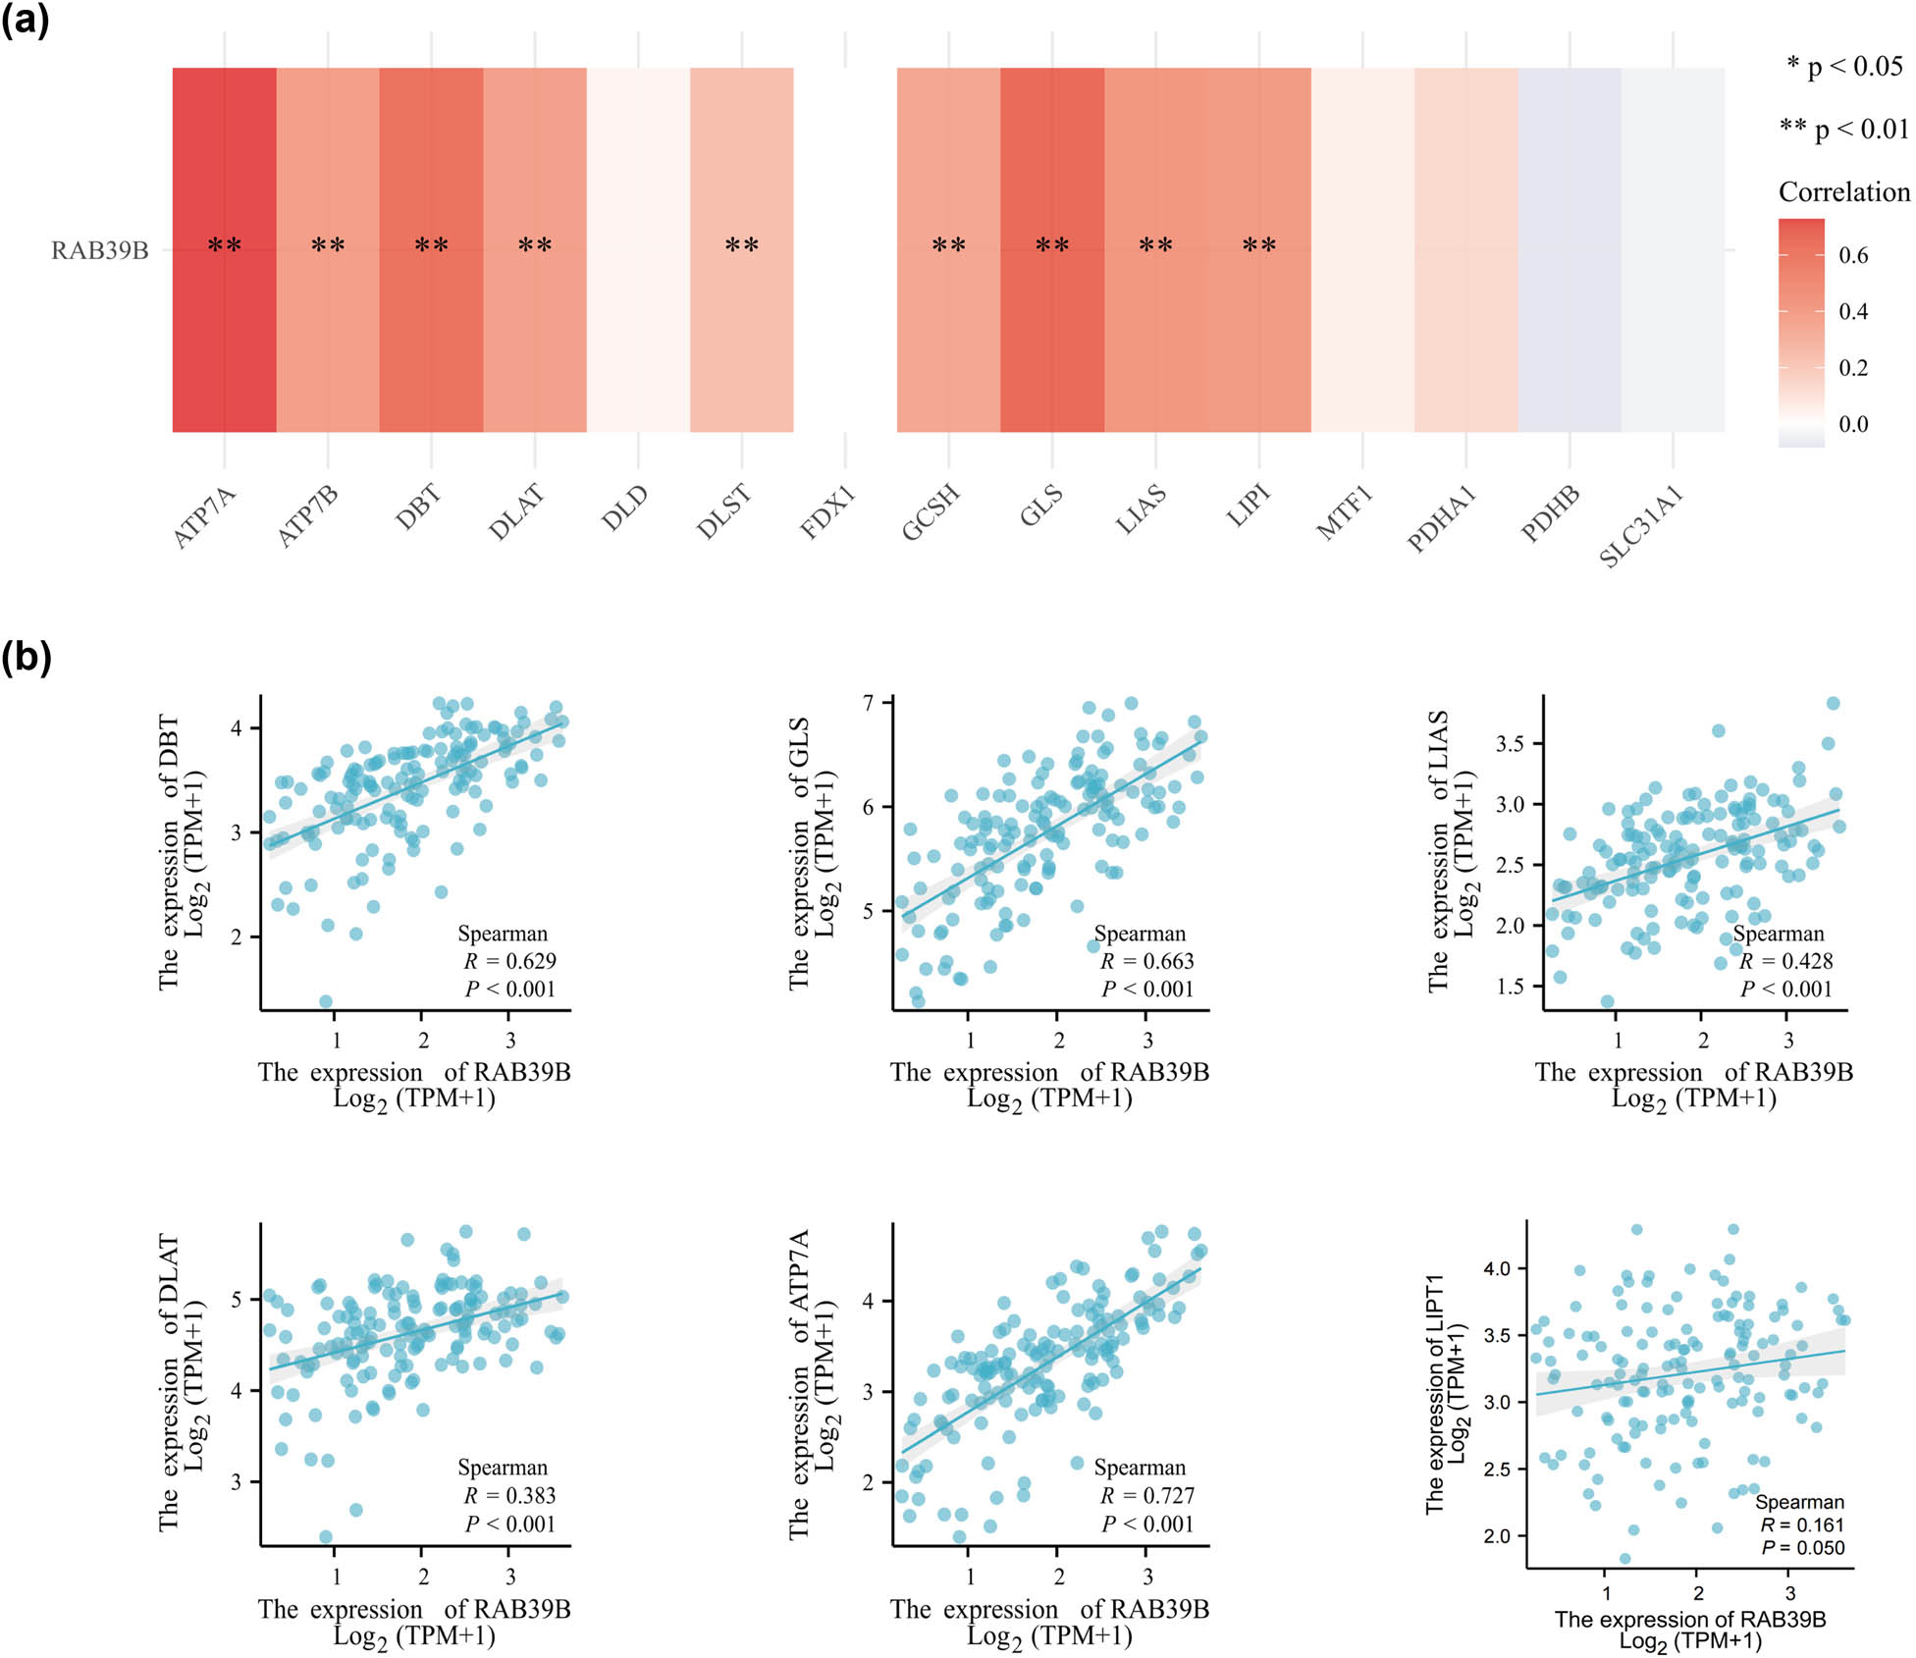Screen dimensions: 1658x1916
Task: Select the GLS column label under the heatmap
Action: click(1041, 507)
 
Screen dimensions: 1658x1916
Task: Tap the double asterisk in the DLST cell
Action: click(741, 245)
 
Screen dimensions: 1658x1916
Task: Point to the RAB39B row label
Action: click(100, 251)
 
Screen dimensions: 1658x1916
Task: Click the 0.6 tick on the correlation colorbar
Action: click(1853, 256)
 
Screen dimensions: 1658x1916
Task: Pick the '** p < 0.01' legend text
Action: click(1843, 129)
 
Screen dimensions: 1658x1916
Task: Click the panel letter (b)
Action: click(26, 656)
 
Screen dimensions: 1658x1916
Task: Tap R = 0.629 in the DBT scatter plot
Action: click(509, 961)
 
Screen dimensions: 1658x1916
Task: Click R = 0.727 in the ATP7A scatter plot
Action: click(1146, 1495)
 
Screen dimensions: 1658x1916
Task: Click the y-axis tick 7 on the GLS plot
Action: click(868, 703)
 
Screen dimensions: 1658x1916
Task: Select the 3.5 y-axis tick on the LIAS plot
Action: click(1510, 744)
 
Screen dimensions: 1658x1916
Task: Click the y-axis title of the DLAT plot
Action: click(182, 1382)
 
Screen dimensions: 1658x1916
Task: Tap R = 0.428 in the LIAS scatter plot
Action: click(1785, 961)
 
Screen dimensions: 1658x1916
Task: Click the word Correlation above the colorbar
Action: click(1843, 192)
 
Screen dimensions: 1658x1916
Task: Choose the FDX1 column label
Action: click(827, 512)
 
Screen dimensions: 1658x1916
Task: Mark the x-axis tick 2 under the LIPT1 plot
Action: click(1697, 1592)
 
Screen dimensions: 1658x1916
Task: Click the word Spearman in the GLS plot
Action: click(1140, 934)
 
